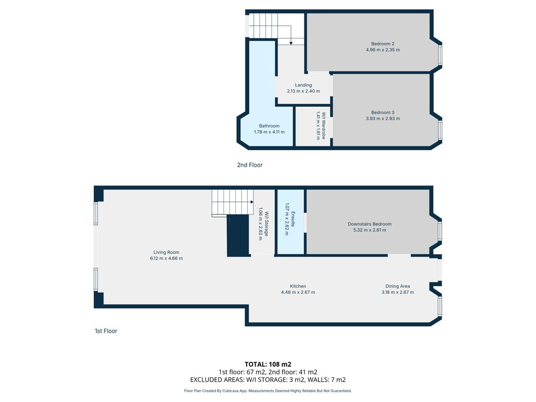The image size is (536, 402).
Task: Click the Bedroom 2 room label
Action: [x=383, y=44]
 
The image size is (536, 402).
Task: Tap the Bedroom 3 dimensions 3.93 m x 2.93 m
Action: [x=383, y=118]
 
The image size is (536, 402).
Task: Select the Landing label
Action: [x=303, y=85]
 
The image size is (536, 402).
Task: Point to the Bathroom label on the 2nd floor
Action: [x=269, y=126]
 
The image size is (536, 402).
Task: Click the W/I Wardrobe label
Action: [x=323, y=125]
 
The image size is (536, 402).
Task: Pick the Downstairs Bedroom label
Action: [x=369, y=224]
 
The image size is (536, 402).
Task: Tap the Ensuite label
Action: [x=293, y=219]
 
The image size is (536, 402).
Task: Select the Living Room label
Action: [x=166, y=252]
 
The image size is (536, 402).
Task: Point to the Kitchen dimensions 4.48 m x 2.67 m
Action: [x=297, y=292]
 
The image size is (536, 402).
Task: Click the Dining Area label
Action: [x=398, y=286]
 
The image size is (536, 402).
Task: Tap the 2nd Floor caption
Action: [x=250, y=165]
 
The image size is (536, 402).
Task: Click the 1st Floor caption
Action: [x=106, y=331]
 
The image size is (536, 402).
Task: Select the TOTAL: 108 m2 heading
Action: [x=268, y=364]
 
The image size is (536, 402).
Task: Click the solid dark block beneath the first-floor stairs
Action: [x=238, y=235]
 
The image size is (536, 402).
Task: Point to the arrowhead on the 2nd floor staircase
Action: [x=291, y=43]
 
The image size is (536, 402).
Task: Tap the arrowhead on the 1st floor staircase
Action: [x=252, y=202]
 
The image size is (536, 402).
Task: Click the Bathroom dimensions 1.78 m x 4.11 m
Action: [x=269, y=132]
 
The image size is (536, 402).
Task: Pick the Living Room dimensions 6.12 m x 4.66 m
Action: [x=166, y=258]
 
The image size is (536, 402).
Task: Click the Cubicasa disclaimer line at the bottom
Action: [x=267, y=391]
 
